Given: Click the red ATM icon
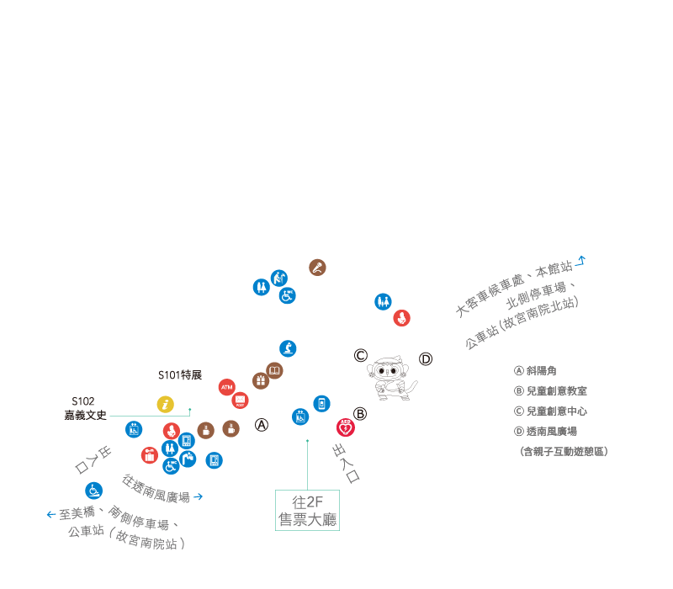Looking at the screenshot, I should coord(226,387).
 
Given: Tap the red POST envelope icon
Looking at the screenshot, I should coord(240,401).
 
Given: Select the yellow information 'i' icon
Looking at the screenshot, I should coord(166,405).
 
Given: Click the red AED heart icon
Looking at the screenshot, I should coord(345,427).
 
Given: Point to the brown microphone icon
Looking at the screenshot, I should coord(317,268).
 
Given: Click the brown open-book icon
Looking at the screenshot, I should coord(274,370).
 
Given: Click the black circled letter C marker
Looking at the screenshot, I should coord(361,355).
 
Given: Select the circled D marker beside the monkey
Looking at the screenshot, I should coord(426,359).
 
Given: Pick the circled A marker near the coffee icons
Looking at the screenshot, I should coord(262,425).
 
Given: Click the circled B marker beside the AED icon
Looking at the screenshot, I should coord(360,413).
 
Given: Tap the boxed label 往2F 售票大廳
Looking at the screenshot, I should coord(307,510).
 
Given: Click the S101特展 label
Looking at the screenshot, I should coord(180,375).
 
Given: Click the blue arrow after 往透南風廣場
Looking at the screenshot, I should coord(199,496).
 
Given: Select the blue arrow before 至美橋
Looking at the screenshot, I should coord(51,514).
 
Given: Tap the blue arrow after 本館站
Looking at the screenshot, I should coord(580,261).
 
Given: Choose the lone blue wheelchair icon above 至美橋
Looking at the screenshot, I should coord(93,490).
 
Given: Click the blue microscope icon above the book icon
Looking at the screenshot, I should coord(288,348).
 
